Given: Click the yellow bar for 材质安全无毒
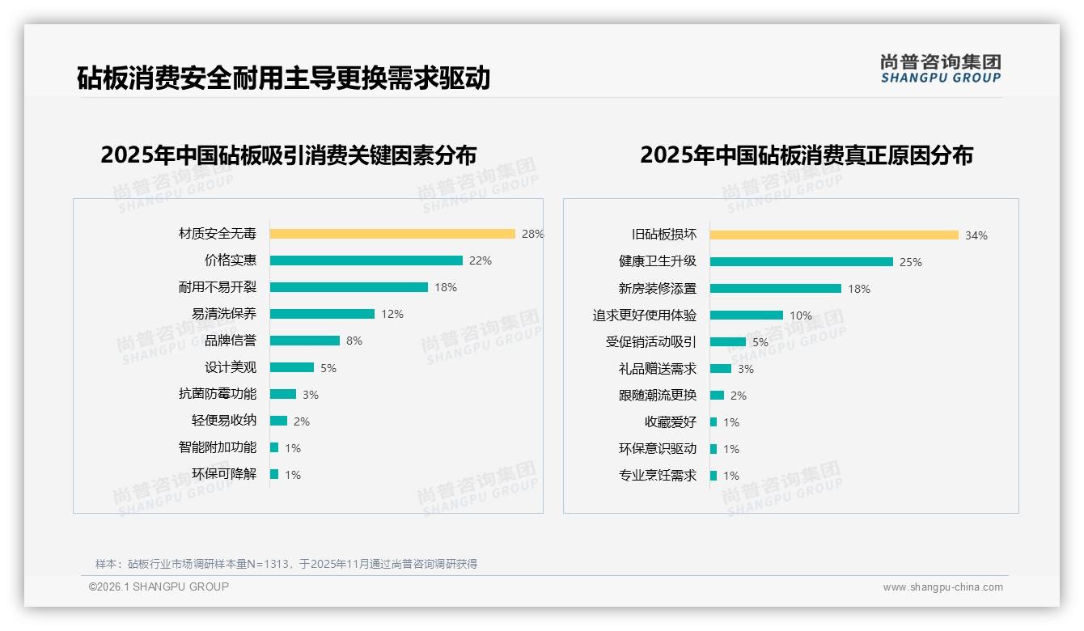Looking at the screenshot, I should click(392, 234).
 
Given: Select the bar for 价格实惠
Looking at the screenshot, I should click(366, 260).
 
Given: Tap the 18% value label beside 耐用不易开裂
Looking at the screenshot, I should click(446, 287).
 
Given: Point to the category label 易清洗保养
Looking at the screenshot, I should click(224, 314).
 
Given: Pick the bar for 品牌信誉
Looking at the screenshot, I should click(305, 341).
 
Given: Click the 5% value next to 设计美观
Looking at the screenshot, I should click(328, 368).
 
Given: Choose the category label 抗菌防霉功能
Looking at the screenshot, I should click(218, 394).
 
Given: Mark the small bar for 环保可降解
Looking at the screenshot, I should click(274, 474).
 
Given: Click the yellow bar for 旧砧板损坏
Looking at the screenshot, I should click(834, 235).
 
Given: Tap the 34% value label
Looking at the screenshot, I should click(976, 235).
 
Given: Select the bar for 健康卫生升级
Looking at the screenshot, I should click(802, 262).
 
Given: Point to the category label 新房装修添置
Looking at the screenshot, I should click(658, 289).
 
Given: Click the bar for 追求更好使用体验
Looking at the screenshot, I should click(747, 315).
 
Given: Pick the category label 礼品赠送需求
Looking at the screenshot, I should click(658, 369).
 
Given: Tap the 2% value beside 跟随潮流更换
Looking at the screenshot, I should click(739, 396).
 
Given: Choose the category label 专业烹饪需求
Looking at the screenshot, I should click(658, 476).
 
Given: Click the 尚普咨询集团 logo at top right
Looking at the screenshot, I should click(941, 69).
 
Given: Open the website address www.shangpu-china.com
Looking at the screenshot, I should click(942, 587).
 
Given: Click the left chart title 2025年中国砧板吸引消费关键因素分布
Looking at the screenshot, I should click(289, 155).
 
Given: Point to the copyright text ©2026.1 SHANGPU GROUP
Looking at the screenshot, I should click(159, 587).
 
